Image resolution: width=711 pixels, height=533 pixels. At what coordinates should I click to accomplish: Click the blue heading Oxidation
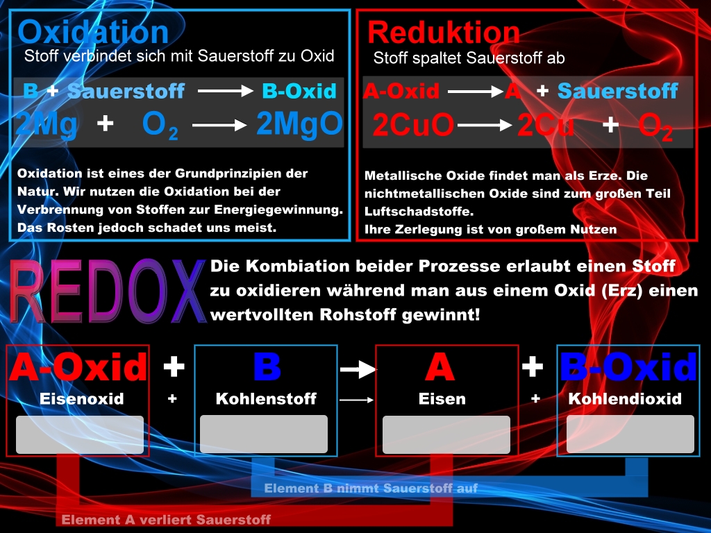(93, 32)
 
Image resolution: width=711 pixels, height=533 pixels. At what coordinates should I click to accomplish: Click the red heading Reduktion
(444, 33)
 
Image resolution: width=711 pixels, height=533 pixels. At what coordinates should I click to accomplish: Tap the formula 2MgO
(300, 124)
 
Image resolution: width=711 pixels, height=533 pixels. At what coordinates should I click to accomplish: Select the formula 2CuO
(413, 125)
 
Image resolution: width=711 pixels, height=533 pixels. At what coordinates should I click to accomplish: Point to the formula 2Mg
(47, 125)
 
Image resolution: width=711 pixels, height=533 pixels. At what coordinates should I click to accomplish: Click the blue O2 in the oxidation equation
(160, 125)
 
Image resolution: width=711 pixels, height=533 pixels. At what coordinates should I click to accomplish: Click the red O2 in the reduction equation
(655, 126)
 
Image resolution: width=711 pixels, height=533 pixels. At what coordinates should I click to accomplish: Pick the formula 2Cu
(546, 125)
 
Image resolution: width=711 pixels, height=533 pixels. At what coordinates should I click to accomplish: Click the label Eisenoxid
(82, 399)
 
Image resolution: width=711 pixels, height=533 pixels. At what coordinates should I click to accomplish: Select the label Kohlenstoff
(266, 399)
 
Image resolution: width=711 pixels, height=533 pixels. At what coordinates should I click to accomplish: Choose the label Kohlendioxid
(625, 399)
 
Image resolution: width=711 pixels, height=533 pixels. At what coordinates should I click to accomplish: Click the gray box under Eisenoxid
(80, 434)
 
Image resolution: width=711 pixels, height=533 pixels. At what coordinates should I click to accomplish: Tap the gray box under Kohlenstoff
(264, 434)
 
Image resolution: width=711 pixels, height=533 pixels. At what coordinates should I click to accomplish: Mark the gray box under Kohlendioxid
(630, 434)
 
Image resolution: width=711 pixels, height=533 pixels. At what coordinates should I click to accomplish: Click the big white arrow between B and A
(358, 369)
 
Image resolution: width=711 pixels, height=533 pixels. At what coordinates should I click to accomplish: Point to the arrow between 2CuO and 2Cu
(485, 125)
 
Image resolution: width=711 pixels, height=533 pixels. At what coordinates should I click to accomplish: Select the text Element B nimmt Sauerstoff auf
(371, 488)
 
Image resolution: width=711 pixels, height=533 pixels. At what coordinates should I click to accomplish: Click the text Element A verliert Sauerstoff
(166, 519)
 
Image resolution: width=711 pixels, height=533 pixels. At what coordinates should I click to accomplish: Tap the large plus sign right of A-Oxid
(174, 366)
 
